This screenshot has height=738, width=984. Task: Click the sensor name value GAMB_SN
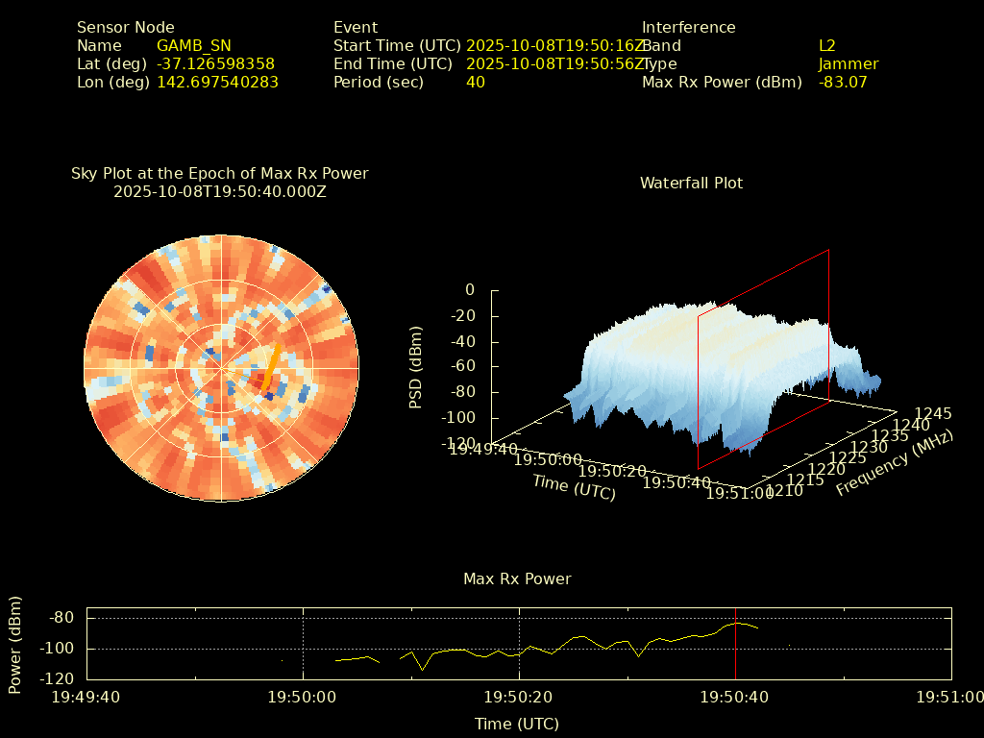[x=193, y=45]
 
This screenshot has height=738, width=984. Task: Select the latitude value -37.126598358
[x=215, y=63]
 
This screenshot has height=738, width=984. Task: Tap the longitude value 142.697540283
[x=217, y=82]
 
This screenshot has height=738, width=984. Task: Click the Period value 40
[x=475, y=82]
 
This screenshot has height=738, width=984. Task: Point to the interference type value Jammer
[x=849, y=63]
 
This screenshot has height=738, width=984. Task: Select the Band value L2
[x=827, y=45]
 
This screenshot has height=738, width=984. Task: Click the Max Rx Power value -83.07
[x=843, y=82]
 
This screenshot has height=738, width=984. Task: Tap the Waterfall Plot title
[x=691, y=183]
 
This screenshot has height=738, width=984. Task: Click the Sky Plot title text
[x=219, y=174]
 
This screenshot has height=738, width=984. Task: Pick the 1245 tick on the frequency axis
[x=933, y=413]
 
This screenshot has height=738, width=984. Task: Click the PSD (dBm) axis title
[x=416, y=368]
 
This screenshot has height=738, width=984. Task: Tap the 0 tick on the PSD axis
[x=470, y=289]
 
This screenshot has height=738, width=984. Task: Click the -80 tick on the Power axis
[x=62, y=618]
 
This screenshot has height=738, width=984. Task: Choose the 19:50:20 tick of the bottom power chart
[x=520, y=697]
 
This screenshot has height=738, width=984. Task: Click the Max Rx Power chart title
[x=517, y=578]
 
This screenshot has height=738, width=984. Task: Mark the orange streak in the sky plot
[x=272, y=366]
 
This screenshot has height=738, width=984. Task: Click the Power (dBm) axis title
[x=15, y=645]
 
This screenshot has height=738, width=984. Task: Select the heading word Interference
[x=688, y=27]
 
